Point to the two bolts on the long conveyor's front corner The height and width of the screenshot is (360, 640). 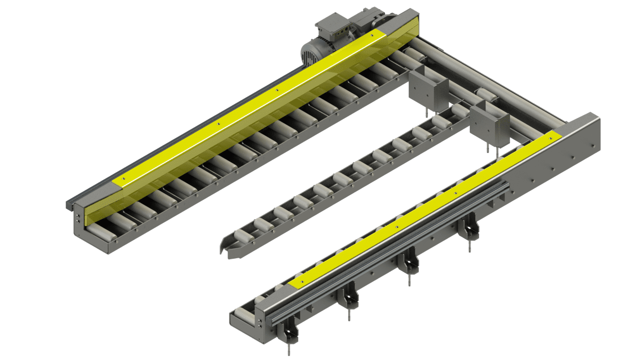coord(78,218)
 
